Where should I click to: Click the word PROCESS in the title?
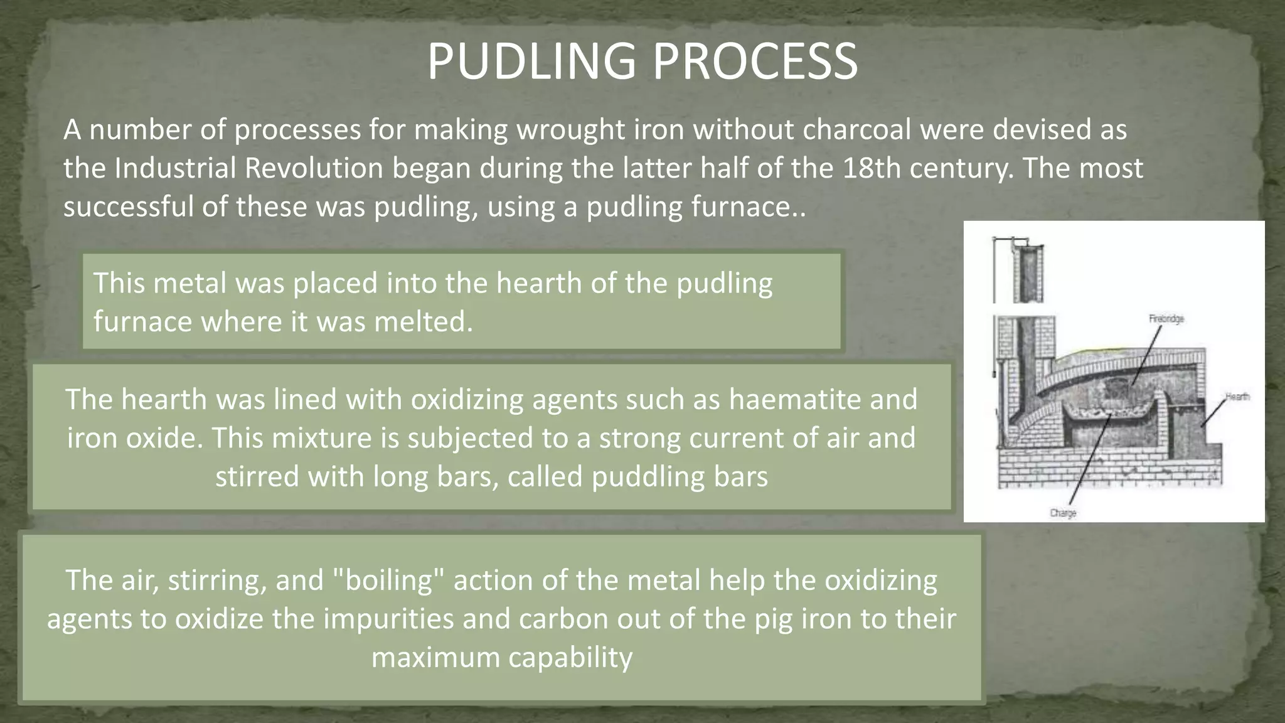(x=755, y=62)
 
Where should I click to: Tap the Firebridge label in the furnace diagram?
(x=1166, y=319)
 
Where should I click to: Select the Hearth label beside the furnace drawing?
(x=1237, y=397)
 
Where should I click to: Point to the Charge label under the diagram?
(x=1063, y=513)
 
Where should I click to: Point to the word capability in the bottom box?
(x=570, y=657)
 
